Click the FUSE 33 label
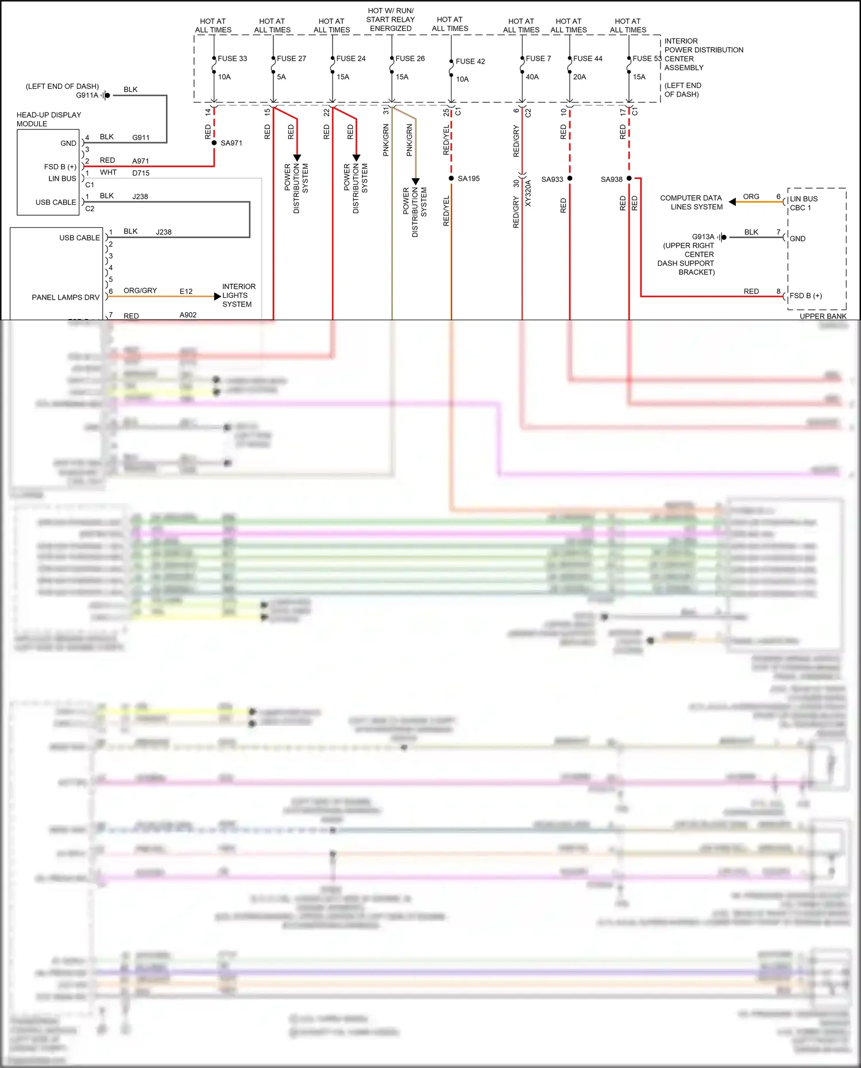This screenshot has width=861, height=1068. click(x=232, y=59)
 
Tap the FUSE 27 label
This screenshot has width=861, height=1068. click(x=291, y=59)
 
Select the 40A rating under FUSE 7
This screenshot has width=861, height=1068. click(x=532, y=77)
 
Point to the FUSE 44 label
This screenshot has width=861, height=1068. click(x=588, y=59)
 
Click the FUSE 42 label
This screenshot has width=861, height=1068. click(x=470, y=61)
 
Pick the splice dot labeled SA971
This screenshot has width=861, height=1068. click(x=214, y=143)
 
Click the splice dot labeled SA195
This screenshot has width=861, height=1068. click(x=451, y=178)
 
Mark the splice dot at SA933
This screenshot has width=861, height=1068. click(x=570, y=178)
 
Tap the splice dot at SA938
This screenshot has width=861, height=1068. click(x=629, y=178)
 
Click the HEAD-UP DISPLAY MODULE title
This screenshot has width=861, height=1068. click(x=48, y=119)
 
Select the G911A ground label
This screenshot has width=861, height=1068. click(x=87, y=95)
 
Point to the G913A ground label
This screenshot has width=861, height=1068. click(x=703, y=237)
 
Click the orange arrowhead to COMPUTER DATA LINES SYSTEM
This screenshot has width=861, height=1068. click(x=732, y=202)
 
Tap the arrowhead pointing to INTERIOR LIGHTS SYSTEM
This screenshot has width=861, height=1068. click(x=217, y=297)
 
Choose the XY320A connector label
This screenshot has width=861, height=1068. click(x=528, y=193)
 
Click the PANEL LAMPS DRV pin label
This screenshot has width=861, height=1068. click(x=65, y=297)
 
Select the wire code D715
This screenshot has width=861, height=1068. click(x=141, y=173)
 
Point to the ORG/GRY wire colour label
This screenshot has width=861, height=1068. click(x=140, y=291)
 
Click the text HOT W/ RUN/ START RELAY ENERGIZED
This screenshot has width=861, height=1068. click(x=391, y=20)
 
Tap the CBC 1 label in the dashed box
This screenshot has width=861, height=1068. click(x=800, y=208)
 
